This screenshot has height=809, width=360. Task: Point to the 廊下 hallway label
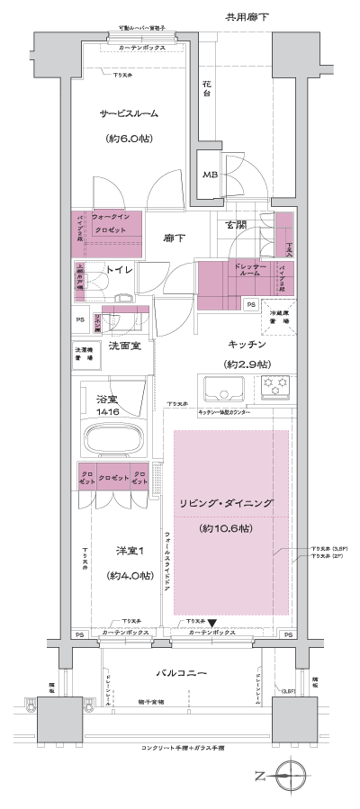(x=175, y=239)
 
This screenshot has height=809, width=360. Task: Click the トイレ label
(x=120, y=270)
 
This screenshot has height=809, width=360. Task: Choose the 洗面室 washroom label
(x=125, y=346)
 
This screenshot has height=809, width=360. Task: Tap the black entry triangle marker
(x=212, y=622)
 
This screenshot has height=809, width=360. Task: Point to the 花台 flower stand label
(x=206, y=88)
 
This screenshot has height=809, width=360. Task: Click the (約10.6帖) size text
(x=231, y=526)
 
